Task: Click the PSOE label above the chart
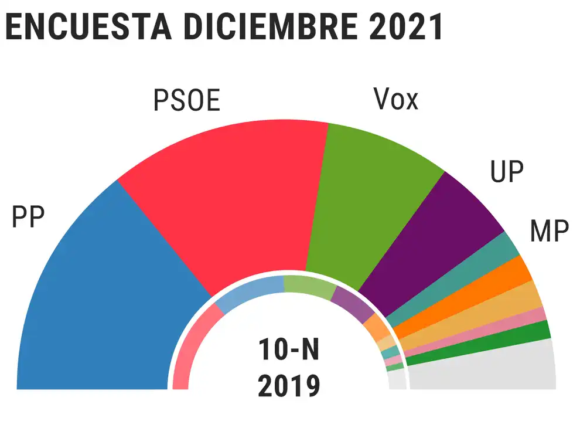pyautogui.click(x=187, y=100)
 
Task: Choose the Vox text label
pyautogui.click(x=396, y=100)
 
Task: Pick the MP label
pyautogui.click(x=549, y=232)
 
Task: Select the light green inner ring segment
pyautogui.click(x=309, y=285)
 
